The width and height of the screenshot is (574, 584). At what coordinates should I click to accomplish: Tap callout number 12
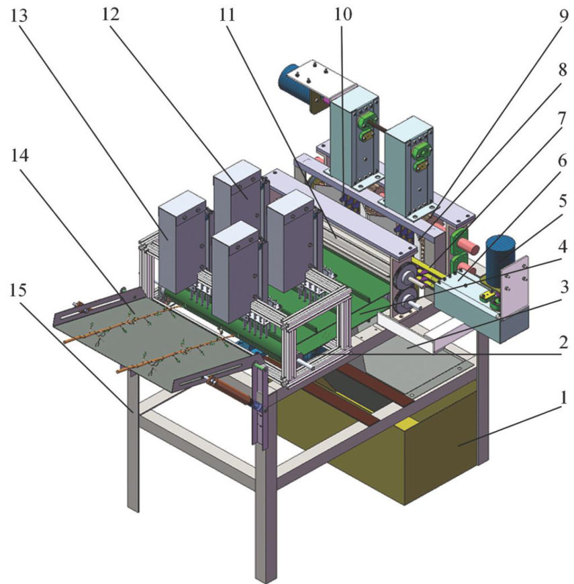pyautogui.click(x=111, y=15)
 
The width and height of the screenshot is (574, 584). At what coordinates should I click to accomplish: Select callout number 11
pyautogui.click(x=227, y=15)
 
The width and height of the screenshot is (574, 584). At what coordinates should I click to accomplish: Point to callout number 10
pyautogui.click(x=342, y=15)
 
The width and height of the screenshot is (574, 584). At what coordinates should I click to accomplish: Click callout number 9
pyautogui.click(x=563, y=15)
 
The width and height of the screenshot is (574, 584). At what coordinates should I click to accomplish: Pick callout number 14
pyautogui.click(x=19, y=155)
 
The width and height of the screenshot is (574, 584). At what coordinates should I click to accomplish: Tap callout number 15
pyautogui.click(x=18, y=289)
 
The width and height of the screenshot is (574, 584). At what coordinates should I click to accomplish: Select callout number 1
pyautogui.click(x=563, y=397)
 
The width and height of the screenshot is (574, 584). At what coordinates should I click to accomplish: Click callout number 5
pyautogui.click(x=563, y=201)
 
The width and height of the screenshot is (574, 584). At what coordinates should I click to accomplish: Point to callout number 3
pyautogui.click(x=564, y=287)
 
